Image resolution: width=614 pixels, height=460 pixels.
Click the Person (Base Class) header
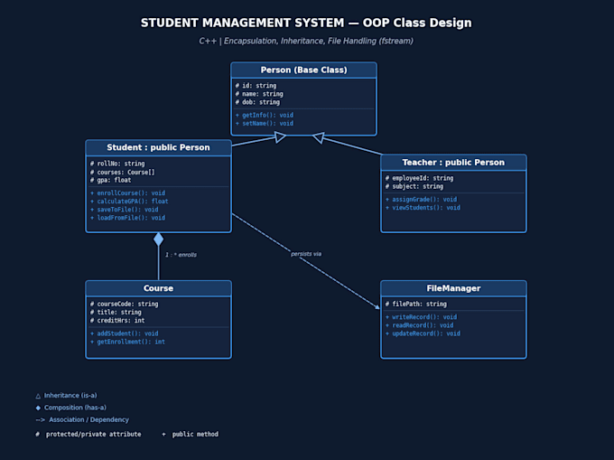pyautogui.click(x=304, y=70)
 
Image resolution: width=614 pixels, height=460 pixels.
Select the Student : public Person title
pyautogui.click(x=158, y=147)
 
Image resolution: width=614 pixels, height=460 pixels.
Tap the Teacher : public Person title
pyautogui.click(x=453, y=163)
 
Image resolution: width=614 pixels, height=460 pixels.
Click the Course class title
pyautogui.click(x=158, y=288)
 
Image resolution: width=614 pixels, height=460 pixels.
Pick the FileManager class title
pyautogui.click(x=453, y=288)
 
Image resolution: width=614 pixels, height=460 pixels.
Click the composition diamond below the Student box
pyautogui.click(x=159, y=239)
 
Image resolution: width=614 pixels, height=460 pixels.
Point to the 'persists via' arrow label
pyautogui.click(x=306, y=254)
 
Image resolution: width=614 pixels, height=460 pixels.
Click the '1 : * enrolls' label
pyautogui.click(x=181, y=255)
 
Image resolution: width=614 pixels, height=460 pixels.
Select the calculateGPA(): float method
pyautogui.click(x=129, y=202)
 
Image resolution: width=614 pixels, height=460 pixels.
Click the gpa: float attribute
pyautogui.click(x=111, y=180)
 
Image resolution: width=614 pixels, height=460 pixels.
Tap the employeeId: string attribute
pyautogui.click(x=419, y=178)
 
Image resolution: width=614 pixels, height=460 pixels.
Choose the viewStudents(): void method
pyautogui.click(x=423, y=208)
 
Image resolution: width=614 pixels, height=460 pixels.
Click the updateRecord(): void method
pyautogui.click(x=423, y=333)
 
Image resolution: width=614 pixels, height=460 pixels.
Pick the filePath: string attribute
pyautogui.click(x=416, y=304)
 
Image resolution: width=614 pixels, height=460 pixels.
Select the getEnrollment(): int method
pyautogui.click(x=127, y=342)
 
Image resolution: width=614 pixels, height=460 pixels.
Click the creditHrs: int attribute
pyautogui.click(x=117, y=321)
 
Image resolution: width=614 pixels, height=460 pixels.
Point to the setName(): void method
pyautogui.click(x=265, y=124)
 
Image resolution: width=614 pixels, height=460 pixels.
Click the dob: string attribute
pyautogui.click(x=257, y=102)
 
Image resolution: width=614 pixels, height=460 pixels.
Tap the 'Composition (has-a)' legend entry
pyautogui.click(x=70, y=408)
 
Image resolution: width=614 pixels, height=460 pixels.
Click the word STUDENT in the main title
pyautogui.click(x=170, y=23)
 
